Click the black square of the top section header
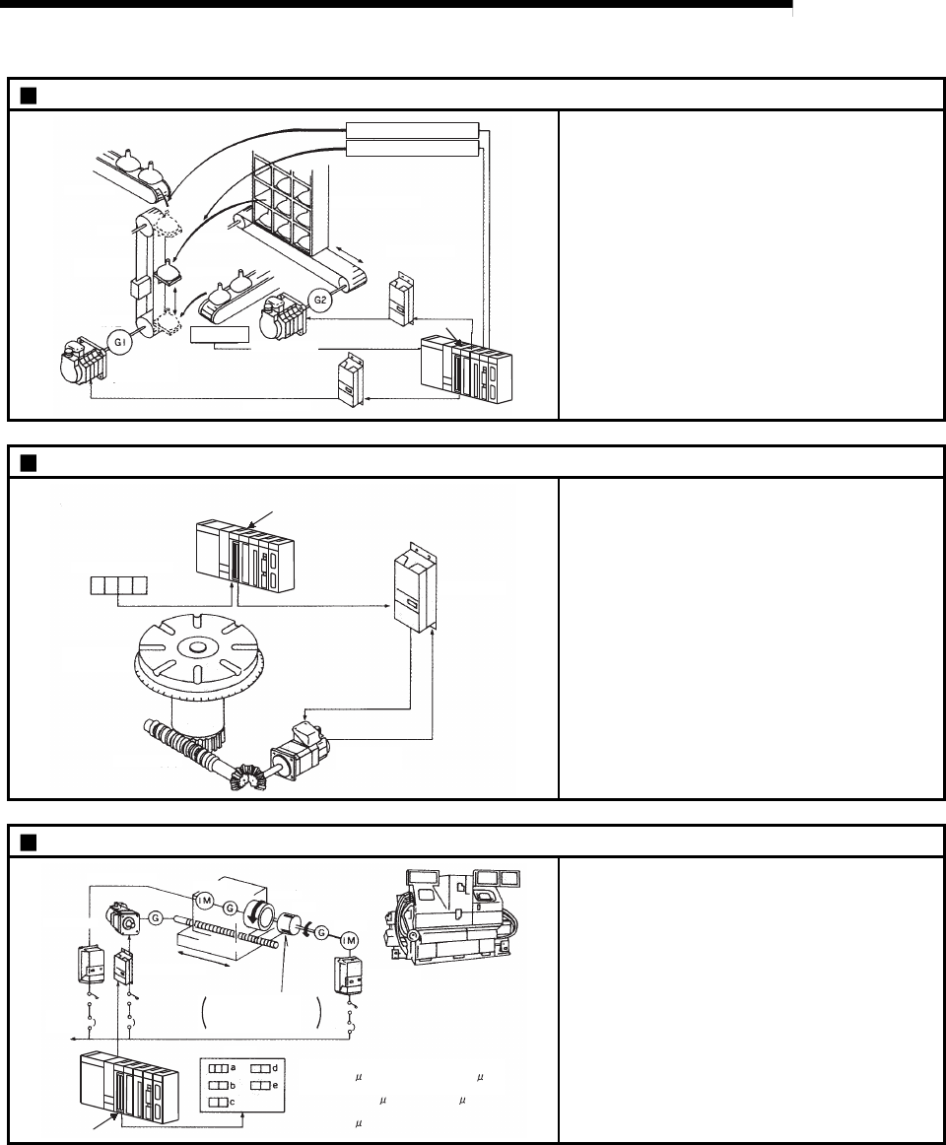pyautogui.click(x=28, y=95)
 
